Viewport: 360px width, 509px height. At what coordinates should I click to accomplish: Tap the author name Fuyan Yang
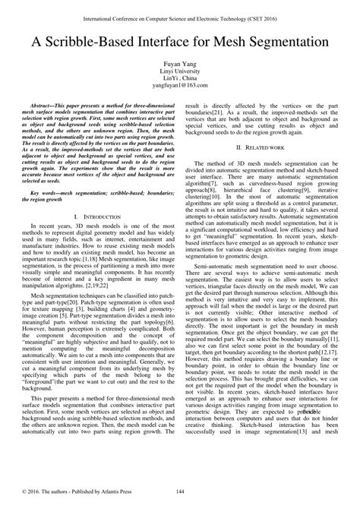pyautogui.click(x=180, y=65)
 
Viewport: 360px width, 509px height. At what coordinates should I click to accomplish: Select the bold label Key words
pyautogui.click(x=47, y=194)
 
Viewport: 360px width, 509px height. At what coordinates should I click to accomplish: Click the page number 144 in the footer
pyautogui.click(x=180, y=493)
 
